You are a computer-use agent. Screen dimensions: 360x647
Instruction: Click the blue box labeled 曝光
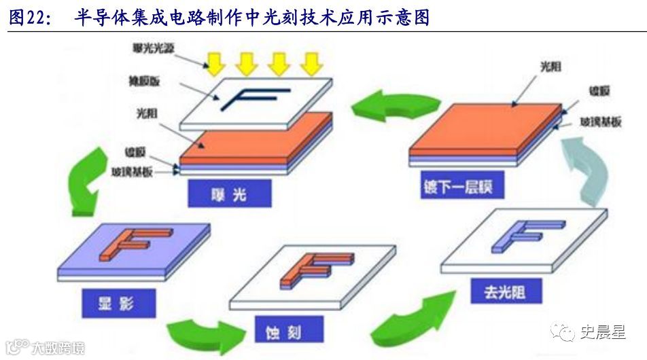coord(228,195)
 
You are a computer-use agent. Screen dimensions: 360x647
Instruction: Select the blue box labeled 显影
coord(118,304)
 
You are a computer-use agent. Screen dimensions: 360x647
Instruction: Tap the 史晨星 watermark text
coord(602,332)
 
